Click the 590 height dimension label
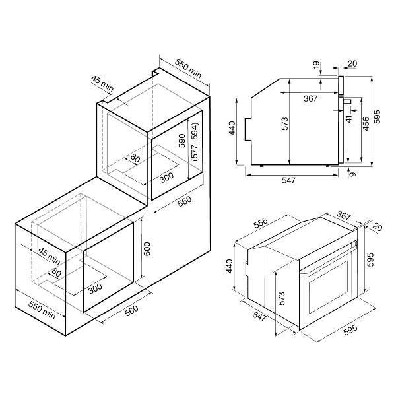182,141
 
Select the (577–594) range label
195,142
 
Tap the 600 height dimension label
147,249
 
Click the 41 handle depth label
348,119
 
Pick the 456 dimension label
366,124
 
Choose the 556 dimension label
260,223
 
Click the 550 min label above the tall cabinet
188,69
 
